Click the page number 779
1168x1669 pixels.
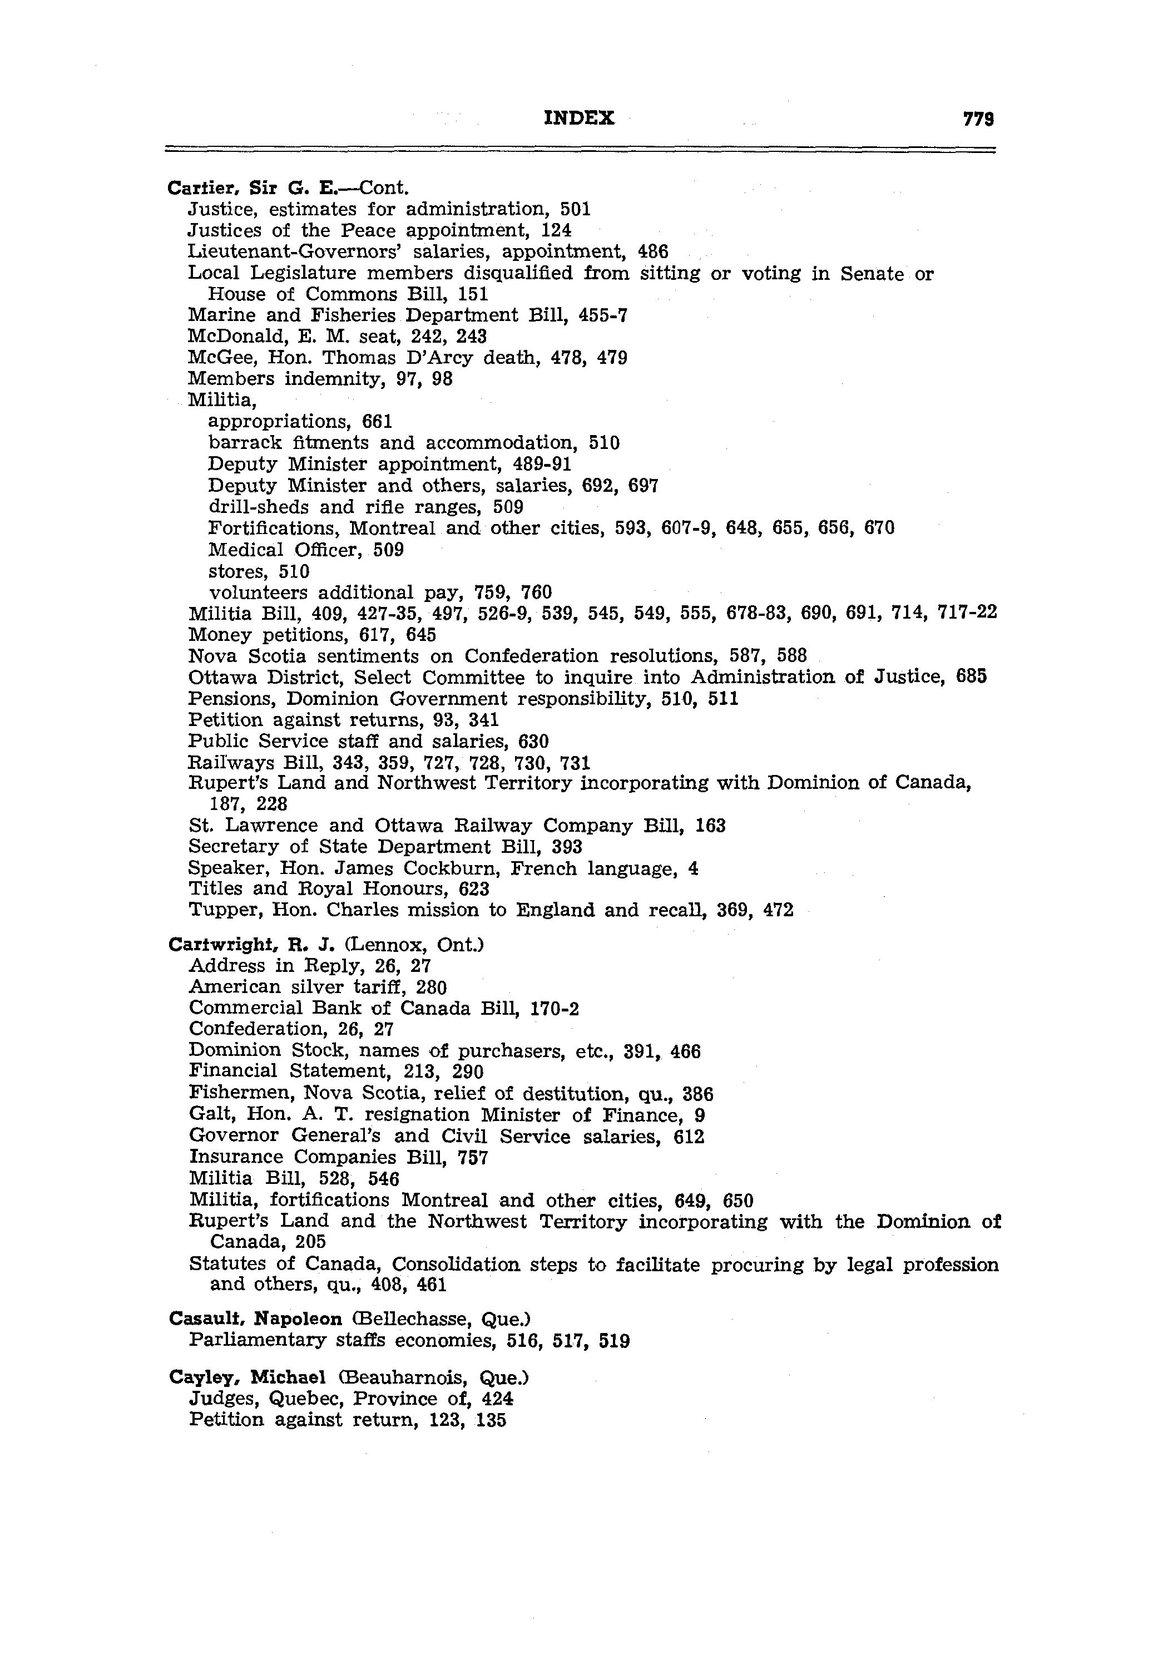pyautogui.click(x=978, y=119)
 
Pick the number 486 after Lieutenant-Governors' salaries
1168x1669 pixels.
pyautogui.click(x=652, y=251)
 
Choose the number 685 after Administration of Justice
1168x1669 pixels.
pyautogui.click(x=972, y=678)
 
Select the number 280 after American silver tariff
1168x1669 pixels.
pyautogui.click(x=431, y=987)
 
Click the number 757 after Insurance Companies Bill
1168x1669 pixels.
pyautogui.click(x=473, y=1157)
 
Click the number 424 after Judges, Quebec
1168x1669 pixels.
pyautogui.click(x=498, y=1399)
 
